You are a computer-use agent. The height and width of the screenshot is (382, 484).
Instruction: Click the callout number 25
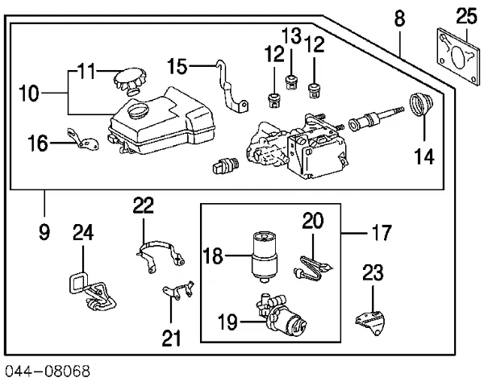(x=466, y=15)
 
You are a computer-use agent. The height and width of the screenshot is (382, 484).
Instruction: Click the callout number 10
(x=28, y=93)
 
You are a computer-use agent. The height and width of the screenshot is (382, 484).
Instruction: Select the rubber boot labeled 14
(x=419, y=106)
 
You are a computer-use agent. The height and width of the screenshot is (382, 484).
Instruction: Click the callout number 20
(x=314, y=220)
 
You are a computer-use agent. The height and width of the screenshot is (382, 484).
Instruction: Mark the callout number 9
(x=44, y=234)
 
